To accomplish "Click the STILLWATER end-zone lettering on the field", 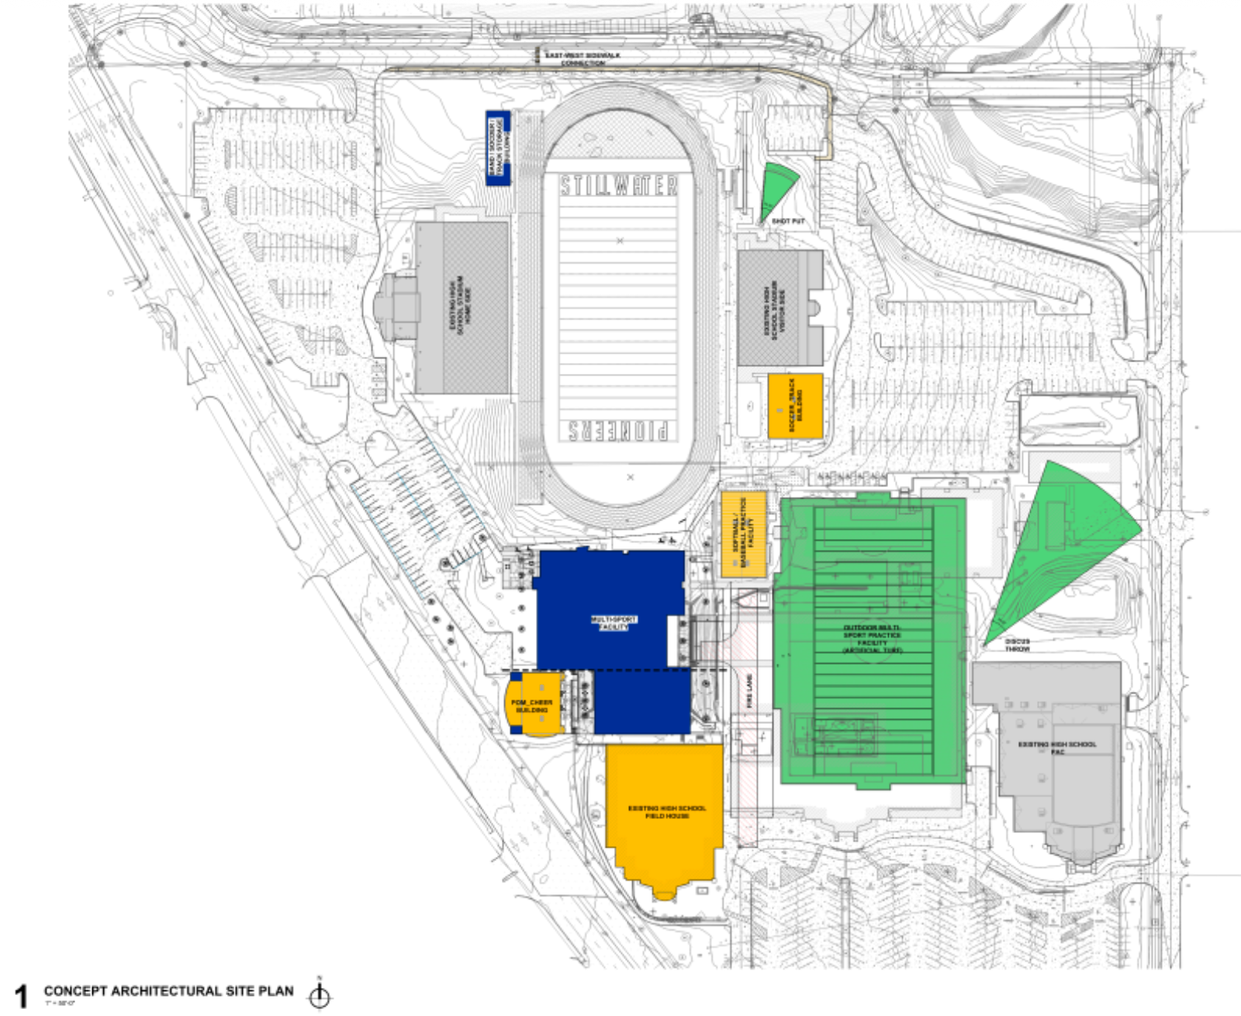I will pos(619,186).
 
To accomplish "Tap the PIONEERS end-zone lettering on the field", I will pos(619,430).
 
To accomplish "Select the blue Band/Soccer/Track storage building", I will pos(497,148).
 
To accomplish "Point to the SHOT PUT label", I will pos(788,222).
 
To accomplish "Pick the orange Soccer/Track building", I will pos(795,406).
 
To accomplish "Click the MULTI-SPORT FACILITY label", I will pos(614,623).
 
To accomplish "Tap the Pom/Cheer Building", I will pos(533,705).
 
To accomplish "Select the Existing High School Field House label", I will pos(667,812).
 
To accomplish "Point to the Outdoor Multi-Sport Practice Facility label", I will pos(872,638).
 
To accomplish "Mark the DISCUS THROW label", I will pos(1017,645).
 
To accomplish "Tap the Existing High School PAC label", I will pos(1057,747).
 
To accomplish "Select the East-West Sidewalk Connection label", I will pos(582,59).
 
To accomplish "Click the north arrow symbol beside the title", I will pos(320,995).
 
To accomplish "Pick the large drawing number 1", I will pos(22,997).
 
